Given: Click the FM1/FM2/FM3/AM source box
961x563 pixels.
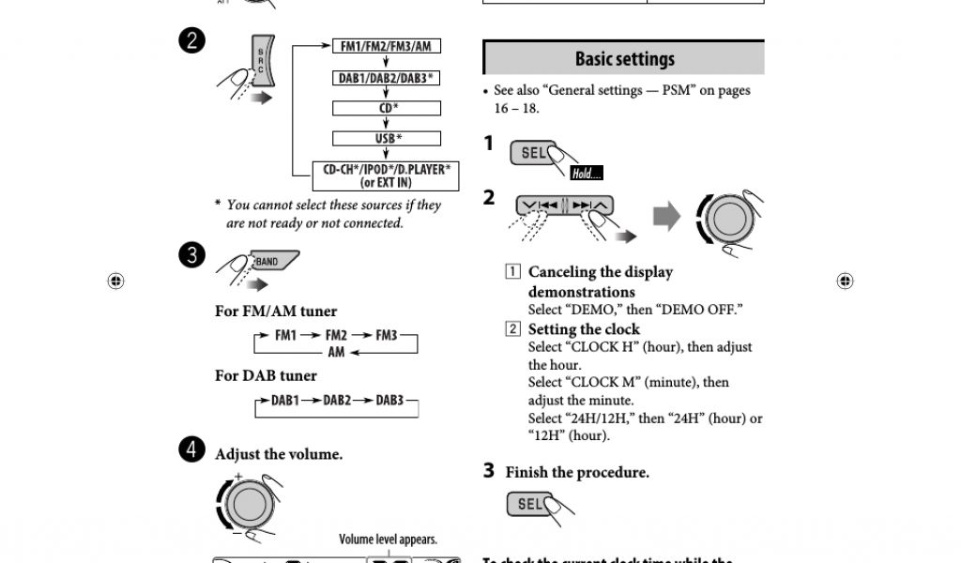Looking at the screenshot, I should (x=388, y=46).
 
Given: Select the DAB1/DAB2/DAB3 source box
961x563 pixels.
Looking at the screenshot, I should (x=388, y=78).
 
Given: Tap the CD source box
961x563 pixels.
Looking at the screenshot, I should (x=388, y=108).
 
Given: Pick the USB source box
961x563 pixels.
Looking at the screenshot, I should (x=388, y=139).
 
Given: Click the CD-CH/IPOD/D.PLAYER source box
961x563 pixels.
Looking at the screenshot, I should (x=387, y=175).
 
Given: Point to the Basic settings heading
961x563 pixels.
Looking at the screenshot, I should (x=624, y=59).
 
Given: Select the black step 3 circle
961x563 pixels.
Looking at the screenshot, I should (x=191, y=255).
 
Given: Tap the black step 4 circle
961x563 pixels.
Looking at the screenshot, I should (x=191, y=449).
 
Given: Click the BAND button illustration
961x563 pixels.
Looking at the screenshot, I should (x=270, y=262).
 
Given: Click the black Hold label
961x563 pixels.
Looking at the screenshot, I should (x=586, y=174).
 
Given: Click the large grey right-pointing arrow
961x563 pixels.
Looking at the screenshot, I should (x=666, y=218).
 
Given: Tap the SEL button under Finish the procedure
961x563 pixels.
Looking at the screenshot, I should (x=531, y=505).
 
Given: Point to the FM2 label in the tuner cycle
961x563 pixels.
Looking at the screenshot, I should (x=336, y=335).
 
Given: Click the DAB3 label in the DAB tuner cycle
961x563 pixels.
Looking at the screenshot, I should (x=389, y=400).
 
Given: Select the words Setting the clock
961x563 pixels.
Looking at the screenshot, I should (x=584, y=329).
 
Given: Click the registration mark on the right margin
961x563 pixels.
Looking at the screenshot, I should (x=845, y=281).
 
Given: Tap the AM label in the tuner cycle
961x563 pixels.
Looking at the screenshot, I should (x=336, y=352).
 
